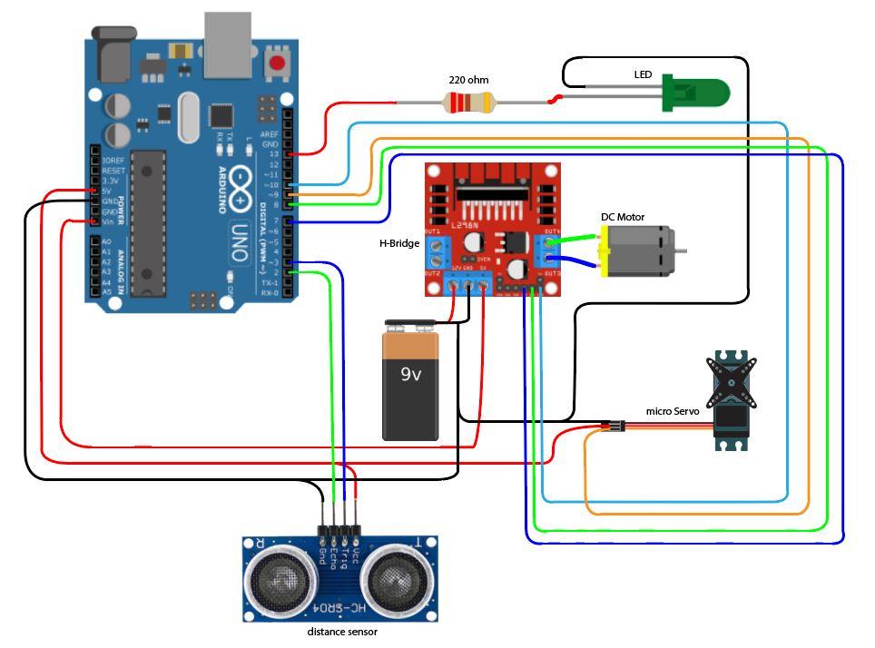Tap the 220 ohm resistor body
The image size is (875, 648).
pos(467,103)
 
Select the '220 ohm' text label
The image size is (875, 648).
pos(468,80)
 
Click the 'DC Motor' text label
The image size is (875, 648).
pos(623,218)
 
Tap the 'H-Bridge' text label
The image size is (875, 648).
pos(398,243)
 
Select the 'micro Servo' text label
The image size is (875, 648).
pos(672,411)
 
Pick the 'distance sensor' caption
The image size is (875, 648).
pos(341,632)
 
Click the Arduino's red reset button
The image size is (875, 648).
pos(277,64)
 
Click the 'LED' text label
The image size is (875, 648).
pos(643,74)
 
